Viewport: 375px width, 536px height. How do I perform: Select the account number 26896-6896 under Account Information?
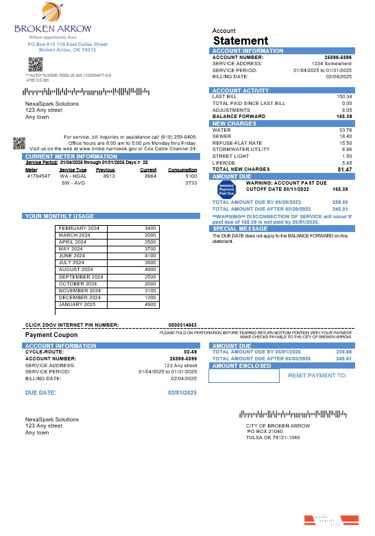point(337,57)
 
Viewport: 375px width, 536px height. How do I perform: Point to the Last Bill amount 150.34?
point(344,97)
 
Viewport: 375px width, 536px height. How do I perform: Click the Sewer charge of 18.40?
point(346,136)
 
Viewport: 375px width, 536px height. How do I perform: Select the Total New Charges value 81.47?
point(344,169)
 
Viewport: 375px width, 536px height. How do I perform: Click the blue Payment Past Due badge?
point(226,189)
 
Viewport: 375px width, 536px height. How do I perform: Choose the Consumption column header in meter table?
point(182,170)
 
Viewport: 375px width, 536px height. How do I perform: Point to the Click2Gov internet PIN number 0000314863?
point(182,325)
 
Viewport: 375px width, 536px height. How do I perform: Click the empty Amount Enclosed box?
point(245,375)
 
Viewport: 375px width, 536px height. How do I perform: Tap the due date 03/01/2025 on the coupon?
point(182,392)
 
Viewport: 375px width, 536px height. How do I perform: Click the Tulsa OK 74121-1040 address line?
point(273,437)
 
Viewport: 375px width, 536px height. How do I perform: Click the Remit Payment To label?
point(317,375)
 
